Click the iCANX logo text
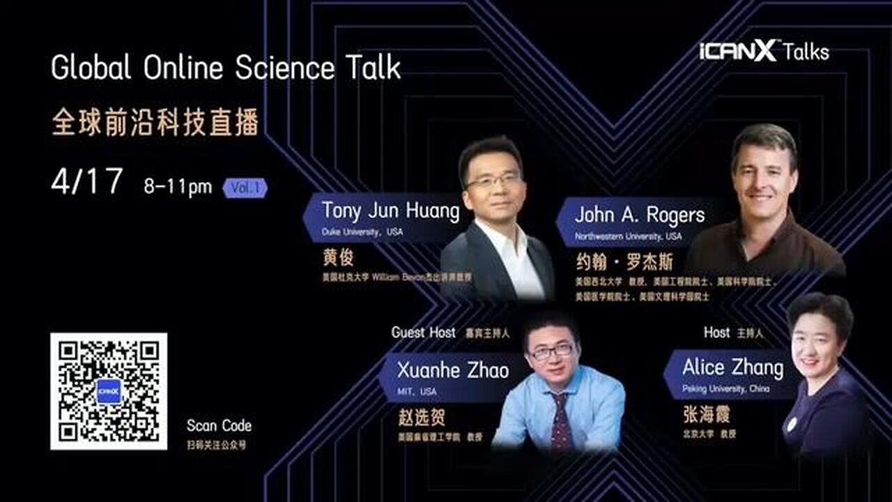737,51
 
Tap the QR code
109,390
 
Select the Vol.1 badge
245,188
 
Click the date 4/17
87,182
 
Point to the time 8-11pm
178,186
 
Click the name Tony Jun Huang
390,211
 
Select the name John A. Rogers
640,215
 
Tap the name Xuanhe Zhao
453,370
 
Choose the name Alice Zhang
732,367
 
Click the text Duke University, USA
352,233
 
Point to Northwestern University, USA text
628,236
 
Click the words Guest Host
423,333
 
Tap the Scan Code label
219,426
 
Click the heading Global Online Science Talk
226,68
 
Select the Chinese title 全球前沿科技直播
155,122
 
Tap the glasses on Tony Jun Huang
494,181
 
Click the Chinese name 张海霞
706,414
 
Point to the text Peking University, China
725,389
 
